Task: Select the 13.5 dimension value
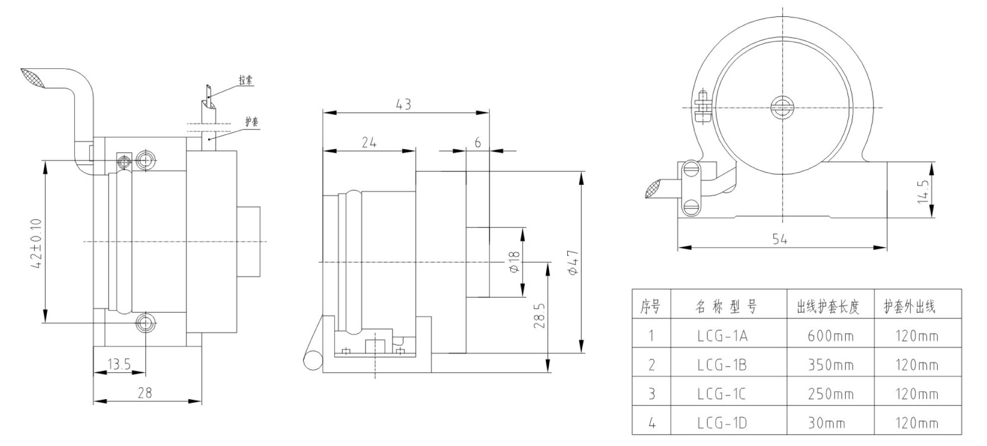119,365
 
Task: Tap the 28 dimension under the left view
144,393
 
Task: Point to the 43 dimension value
403,105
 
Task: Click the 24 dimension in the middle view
369,143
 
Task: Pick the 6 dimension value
478,143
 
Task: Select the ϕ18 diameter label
514,262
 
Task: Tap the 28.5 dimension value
539,316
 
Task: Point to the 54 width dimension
780,239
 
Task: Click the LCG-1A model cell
722,336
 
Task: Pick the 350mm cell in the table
830,365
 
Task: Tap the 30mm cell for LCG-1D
826,424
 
